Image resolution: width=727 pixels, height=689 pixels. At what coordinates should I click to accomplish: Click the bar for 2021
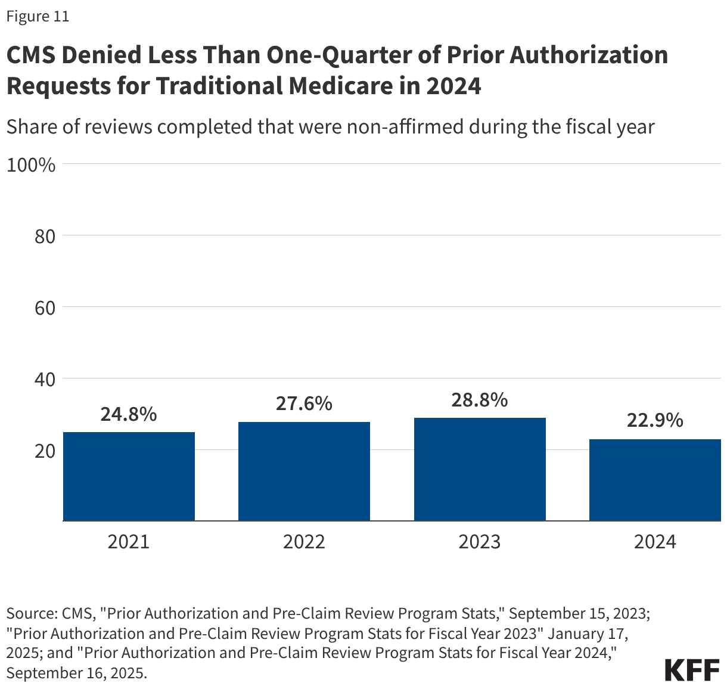pos(129,476)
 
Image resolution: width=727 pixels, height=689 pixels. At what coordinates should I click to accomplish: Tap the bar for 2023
pos(480,469)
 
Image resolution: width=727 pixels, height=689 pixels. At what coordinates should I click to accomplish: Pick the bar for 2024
pos(655,480)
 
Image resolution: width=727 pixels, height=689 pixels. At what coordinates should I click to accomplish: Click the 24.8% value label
pos(129,414)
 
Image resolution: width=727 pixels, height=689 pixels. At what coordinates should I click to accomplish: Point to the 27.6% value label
pos(304,404)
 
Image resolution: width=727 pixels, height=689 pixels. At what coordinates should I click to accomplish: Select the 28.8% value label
pos(480,399)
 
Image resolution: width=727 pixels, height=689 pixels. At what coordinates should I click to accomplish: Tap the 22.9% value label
pos(655,420)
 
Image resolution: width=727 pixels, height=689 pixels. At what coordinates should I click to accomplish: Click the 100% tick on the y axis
pos(31,165)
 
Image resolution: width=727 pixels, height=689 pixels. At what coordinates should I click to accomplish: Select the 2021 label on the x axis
pos(129,542)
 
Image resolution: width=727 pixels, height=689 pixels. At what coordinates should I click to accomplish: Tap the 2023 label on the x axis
pos(480,542)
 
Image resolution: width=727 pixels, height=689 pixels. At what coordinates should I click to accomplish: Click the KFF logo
pos(692,670)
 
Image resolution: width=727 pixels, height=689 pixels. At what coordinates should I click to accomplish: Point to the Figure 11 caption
pos(38,17)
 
